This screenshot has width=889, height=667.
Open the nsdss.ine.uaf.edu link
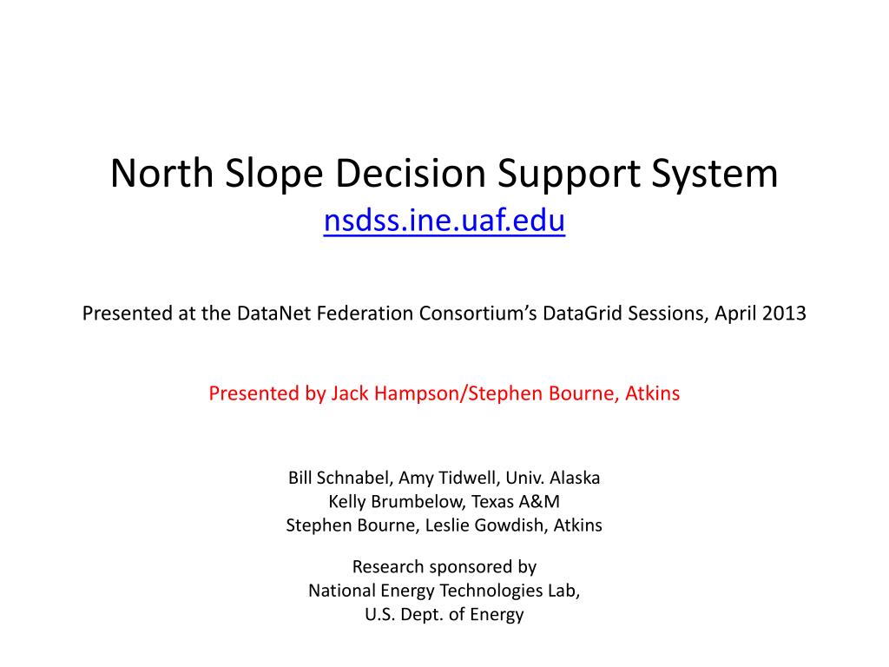point(444,222)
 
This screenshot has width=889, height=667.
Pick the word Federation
point(358,314)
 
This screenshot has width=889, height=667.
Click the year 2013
point(786,314)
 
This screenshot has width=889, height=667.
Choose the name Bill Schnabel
point(339,478)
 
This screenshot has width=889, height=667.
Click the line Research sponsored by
point(444,567)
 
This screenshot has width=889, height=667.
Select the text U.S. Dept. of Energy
point(444,615)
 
